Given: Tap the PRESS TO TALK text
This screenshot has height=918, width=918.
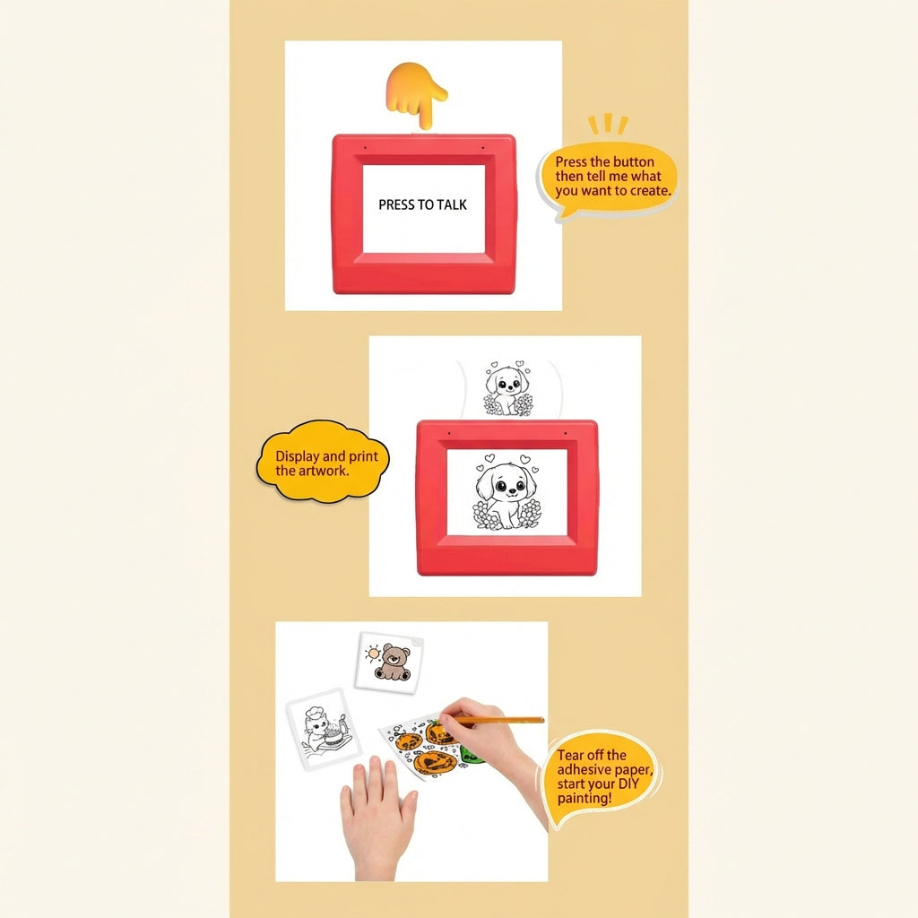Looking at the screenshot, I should pos(422,204).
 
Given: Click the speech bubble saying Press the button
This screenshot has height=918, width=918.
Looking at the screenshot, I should pos(608,178).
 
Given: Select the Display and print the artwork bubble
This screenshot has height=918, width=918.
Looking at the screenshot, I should pos(323,463).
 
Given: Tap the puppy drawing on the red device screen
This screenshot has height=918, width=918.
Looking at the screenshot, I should pos(507,493).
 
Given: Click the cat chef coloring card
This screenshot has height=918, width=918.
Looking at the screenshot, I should pos(322,728).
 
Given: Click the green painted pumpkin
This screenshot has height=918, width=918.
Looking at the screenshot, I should pos(472,756).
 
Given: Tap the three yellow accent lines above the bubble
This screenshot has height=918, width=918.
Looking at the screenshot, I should pos(608,124).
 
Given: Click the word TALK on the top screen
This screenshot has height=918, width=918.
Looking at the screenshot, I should pos(452,204).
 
